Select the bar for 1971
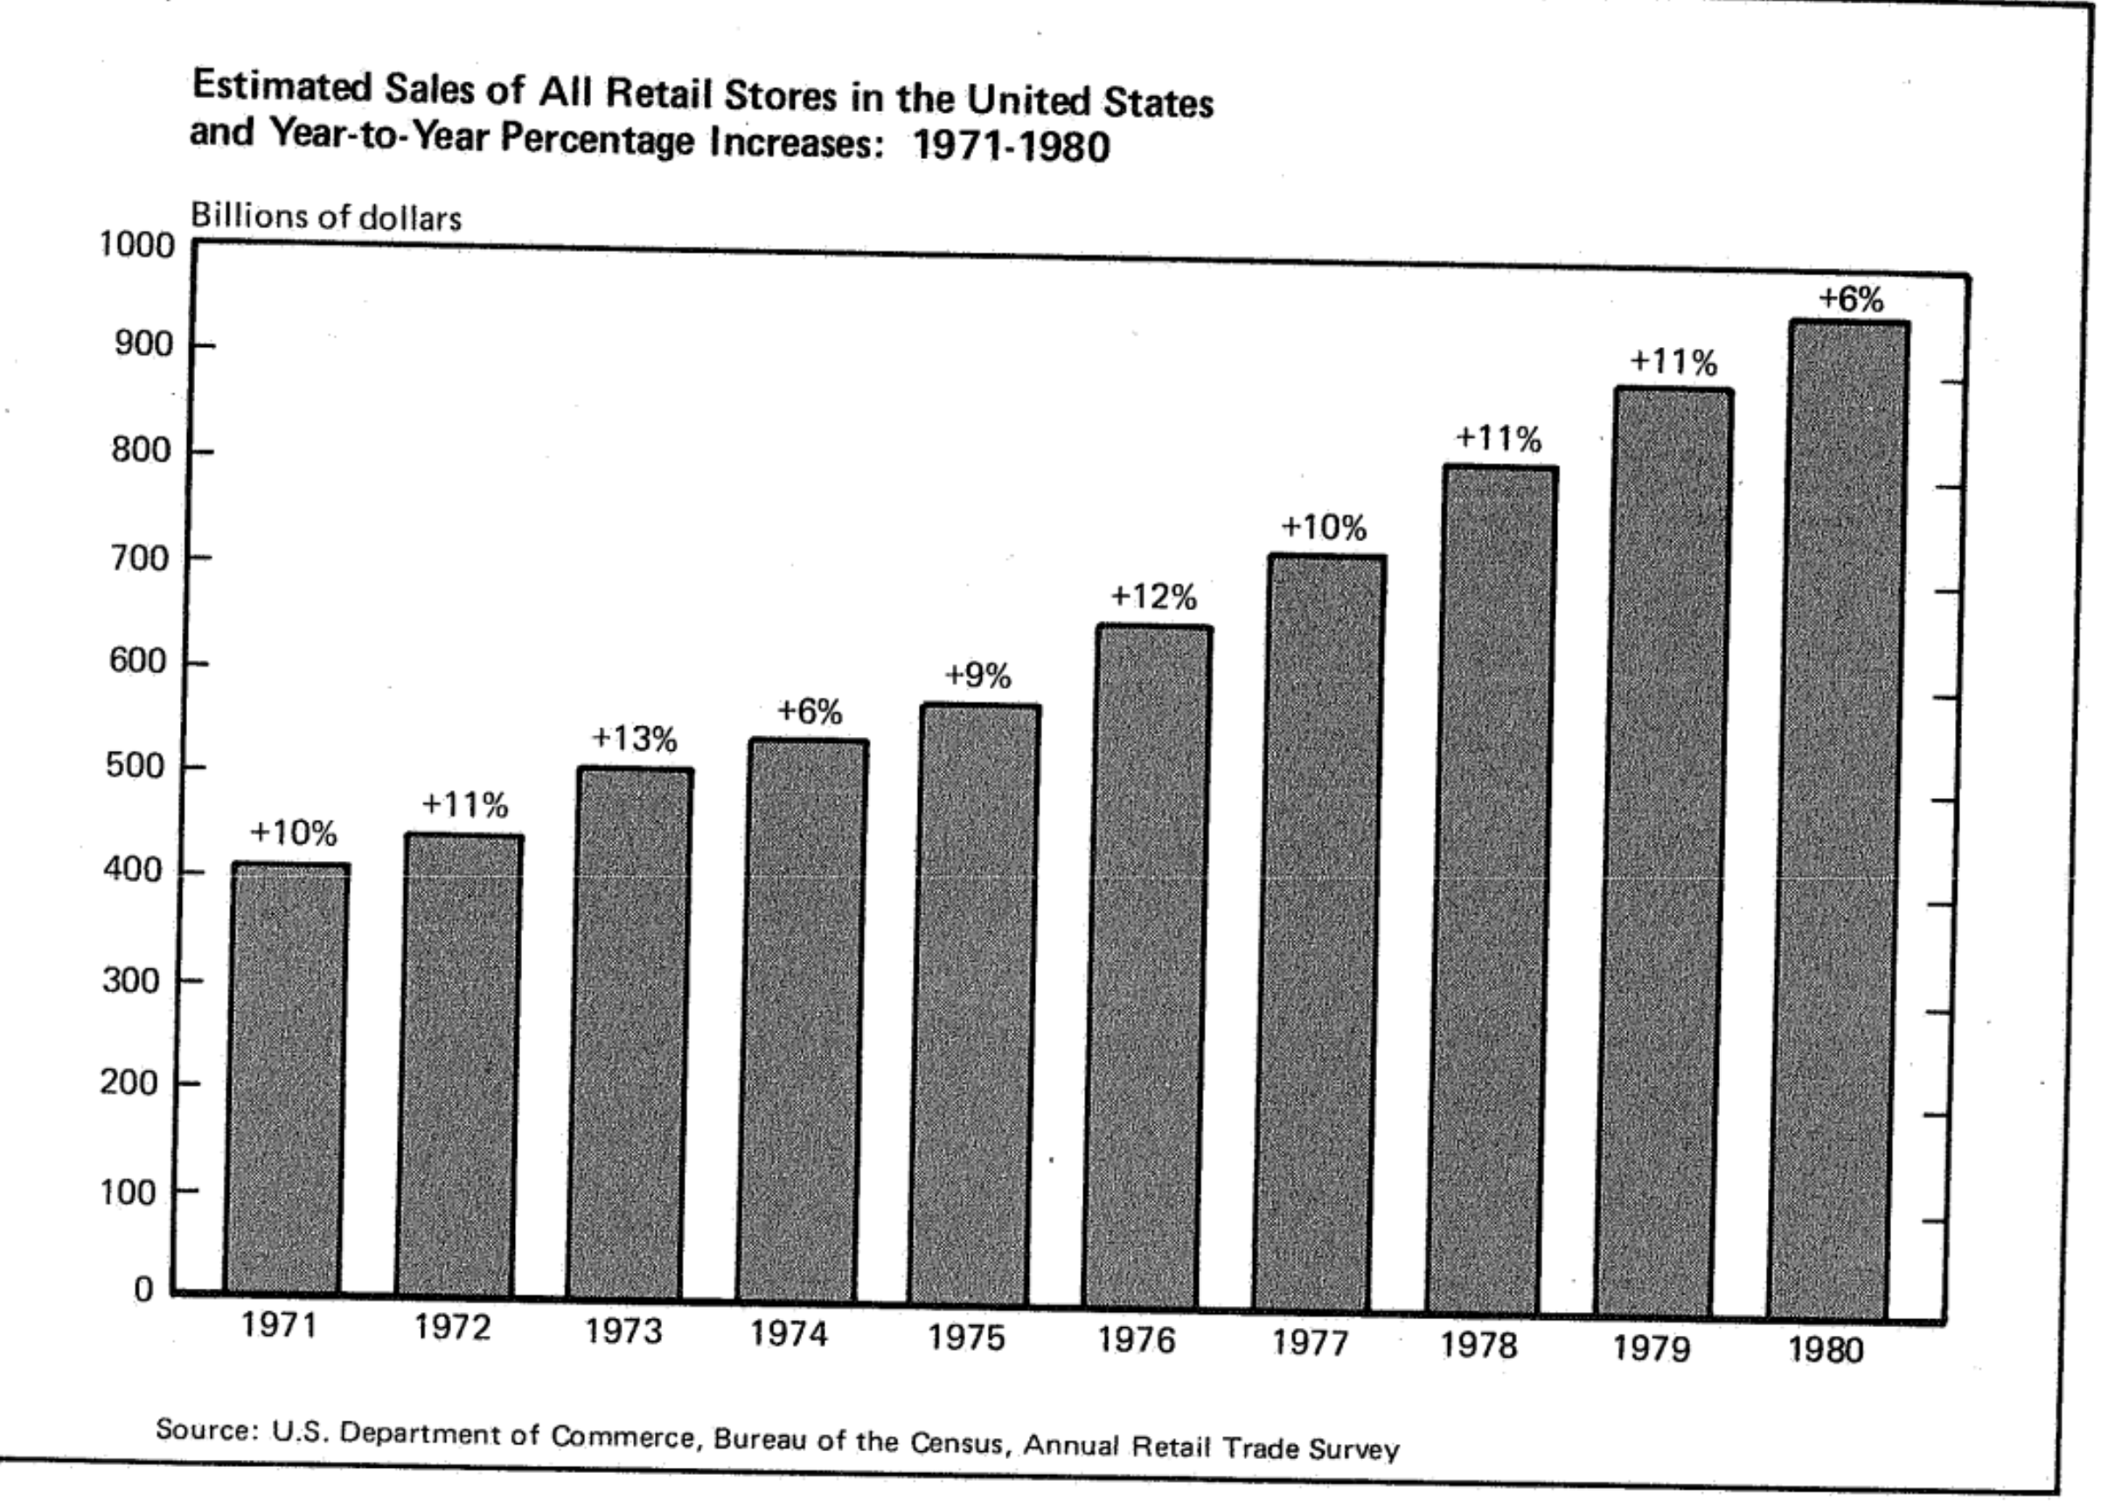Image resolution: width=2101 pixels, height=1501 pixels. [285, 1077]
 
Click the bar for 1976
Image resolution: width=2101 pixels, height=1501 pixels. [1146, 966]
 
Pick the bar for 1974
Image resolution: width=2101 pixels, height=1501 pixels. [803, 1021]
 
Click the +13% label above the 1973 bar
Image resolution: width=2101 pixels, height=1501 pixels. [634, 739]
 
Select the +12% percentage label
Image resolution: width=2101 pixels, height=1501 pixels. [1153, 597]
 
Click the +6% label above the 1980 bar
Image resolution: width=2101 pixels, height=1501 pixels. [1851, 300]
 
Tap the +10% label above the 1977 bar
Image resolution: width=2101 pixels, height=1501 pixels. [1324, 528]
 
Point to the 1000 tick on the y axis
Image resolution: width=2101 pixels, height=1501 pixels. [136, 246]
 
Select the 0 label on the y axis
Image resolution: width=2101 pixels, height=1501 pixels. [143, 1289]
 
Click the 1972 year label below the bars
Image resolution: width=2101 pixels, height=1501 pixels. [452, 1328]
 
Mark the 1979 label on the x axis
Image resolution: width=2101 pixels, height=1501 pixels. [1652, 1349]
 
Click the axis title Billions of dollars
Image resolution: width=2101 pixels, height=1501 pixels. [325, 217]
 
